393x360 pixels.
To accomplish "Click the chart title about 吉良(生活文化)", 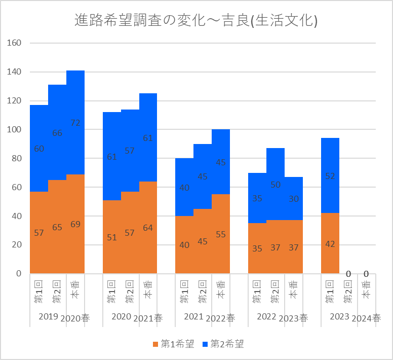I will click(196, 21).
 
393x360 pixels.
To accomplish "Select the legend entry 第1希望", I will click(173, 345).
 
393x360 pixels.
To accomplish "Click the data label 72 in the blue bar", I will click(75, 123).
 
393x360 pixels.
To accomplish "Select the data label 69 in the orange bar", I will click(75, 224).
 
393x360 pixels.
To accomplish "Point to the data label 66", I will click(57, 133).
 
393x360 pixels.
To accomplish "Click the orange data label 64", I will click(148, 228).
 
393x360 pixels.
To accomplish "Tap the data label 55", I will click(221, 234).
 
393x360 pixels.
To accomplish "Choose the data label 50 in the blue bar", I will click(276, 185).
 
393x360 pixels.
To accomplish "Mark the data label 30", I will click(294, 199).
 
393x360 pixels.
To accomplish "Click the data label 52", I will click(330, 176).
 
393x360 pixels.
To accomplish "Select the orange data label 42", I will click(330, 244).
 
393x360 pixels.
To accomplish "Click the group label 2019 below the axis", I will click(48, 316).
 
